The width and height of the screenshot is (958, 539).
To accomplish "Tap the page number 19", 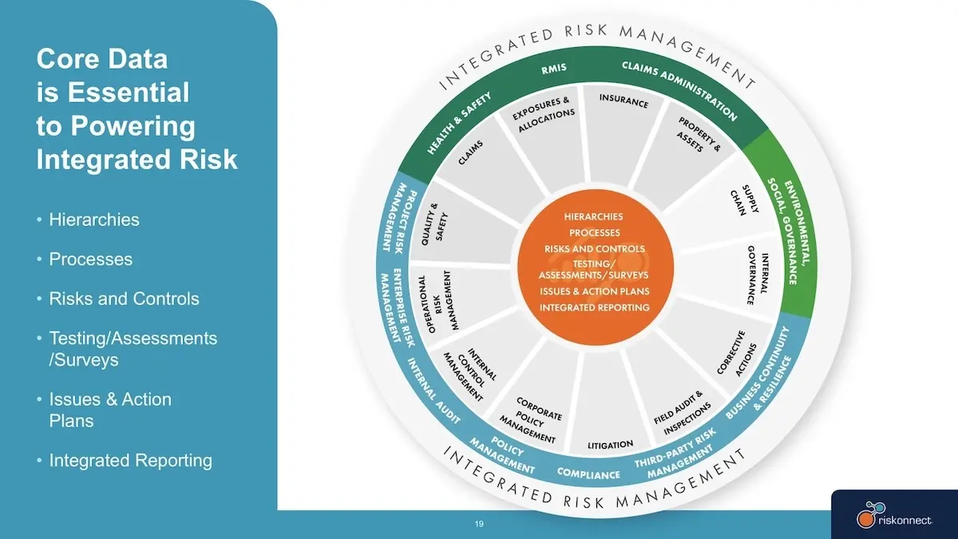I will [x=479, y=524].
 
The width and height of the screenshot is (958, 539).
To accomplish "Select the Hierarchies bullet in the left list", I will [x=94, y=220].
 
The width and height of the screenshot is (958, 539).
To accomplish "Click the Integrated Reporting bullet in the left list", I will [x=131, y=461].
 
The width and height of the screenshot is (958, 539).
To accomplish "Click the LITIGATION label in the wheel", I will [x=610, y=445].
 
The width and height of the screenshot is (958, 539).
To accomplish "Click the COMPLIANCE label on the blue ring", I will [x=588, y=474].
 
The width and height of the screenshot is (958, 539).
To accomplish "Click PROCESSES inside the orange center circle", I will [x=594, y=232].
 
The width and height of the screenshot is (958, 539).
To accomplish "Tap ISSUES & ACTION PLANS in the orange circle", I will [x=595, y=291].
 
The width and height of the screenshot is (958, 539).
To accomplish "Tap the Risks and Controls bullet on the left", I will [x=124, y=299].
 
